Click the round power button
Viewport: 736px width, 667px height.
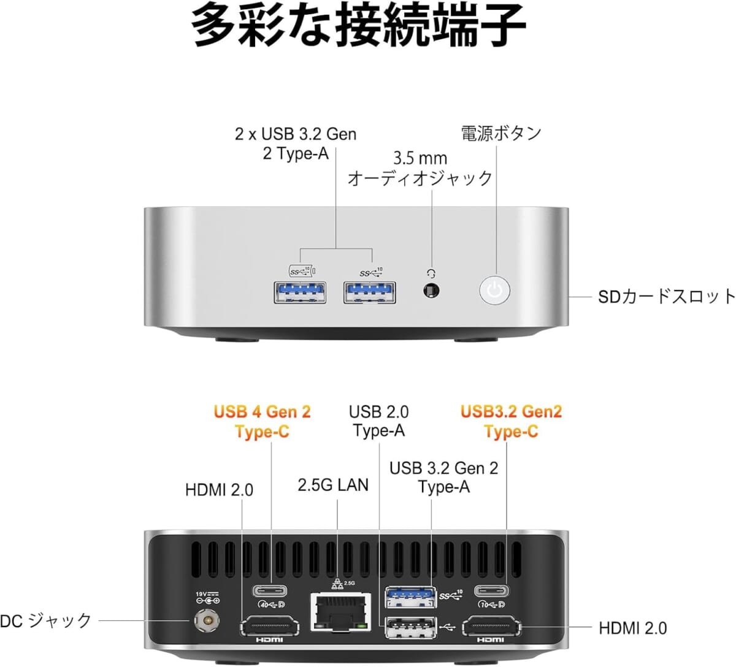coord(494,291)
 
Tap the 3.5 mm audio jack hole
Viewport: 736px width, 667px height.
coord(431,291)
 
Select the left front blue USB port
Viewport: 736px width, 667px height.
coord(300,292)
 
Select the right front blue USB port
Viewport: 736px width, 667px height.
coord(369,292)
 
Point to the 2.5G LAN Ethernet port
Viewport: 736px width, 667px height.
coord(340,612)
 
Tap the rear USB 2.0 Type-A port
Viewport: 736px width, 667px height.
coord(410,628)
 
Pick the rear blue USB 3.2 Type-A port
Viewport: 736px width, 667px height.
coord(410,597)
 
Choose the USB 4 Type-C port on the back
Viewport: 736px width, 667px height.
coord(270,591)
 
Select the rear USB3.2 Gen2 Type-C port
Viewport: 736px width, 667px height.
coord(492,591)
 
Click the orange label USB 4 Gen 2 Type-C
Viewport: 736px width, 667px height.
coord(262,421)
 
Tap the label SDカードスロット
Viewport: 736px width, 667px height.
coord(666,297)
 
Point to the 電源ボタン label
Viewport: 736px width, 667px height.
coord(501,133)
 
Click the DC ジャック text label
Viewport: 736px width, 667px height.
coord(45,621)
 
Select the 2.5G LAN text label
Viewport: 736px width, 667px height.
coord(333,485)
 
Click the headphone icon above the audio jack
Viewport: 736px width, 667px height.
coord(431,273)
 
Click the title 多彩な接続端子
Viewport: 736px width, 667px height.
coord(358,25)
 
